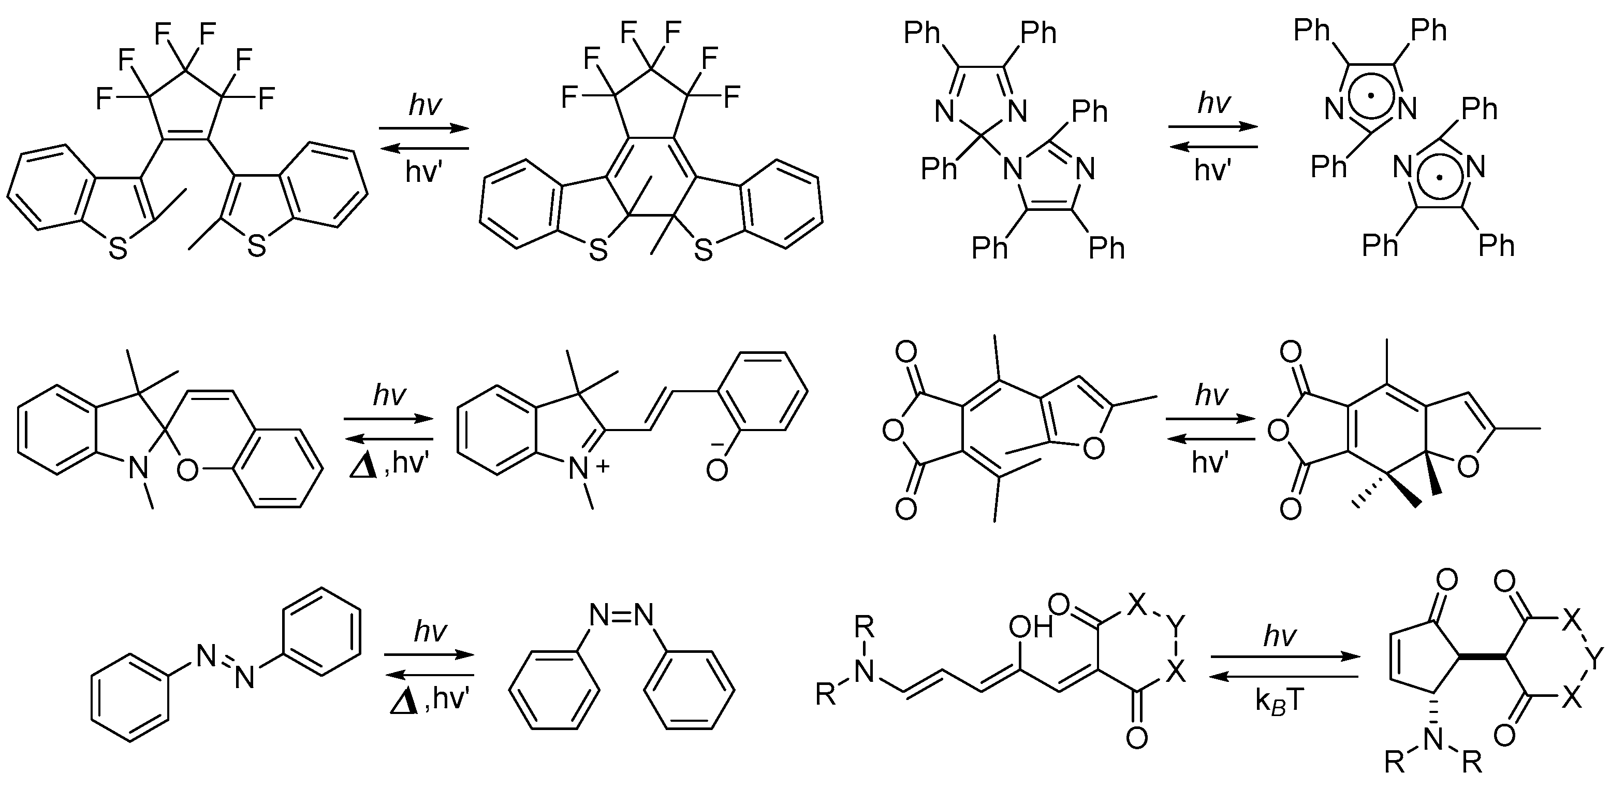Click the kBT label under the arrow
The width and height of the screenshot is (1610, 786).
(x=1279, y=702)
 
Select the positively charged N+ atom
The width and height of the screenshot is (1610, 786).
(x=580, y=468)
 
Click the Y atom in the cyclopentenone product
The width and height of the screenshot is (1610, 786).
(x=1596, y=658)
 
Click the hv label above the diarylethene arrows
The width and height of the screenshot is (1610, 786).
(x=425, y=105)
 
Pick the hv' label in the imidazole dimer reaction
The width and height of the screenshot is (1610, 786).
(x=1213, y=169)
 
